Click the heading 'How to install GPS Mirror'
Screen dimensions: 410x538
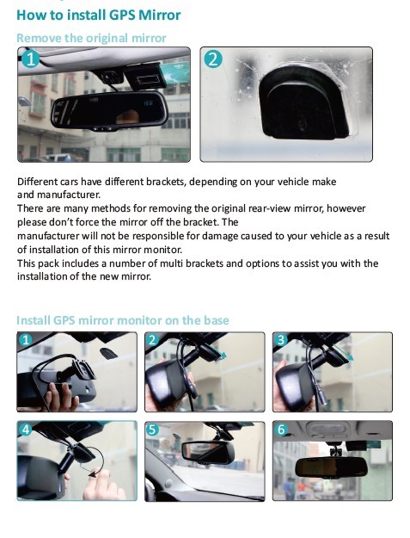99,15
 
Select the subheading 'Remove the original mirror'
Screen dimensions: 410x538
91,38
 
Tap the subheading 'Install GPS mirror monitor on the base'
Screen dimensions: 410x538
123,320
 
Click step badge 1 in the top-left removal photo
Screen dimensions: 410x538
30,59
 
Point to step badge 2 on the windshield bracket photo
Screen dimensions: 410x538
213,59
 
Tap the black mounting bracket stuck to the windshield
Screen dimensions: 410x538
304,102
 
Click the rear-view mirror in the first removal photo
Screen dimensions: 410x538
109,110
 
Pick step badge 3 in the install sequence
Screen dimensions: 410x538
281,340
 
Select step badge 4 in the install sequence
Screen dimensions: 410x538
26,429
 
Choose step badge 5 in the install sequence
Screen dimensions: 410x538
152,430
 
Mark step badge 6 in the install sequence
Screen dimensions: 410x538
281,430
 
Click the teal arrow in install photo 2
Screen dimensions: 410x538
217,352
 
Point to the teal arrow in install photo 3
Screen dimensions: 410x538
344,353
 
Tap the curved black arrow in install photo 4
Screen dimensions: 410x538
101,460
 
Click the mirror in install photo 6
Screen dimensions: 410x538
331,467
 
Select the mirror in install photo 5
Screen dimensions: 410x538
208,452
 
